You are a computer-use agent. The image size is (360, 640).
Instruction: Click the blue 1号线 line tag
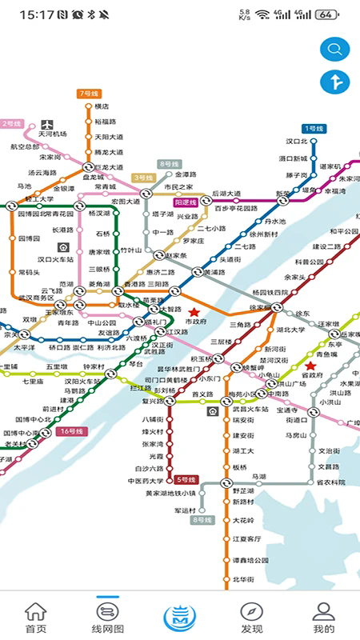coord(313,128)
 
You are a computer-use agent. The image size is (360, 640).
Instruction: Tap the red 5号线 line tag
coord(186,479)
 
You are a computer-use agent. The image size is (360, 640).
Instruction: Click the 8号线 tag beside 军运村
coord(202,520)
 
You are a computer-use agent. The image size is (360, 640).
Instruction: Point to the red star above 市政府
coord(194,311)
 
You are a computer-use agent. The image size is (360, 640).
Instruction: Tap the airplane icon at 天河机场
coord(46,124)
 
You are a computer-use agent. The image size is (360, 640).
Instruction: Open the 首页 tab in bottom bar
coord(35,617)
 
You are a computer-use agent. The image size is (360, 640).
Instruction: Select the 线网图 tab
coord(108,617)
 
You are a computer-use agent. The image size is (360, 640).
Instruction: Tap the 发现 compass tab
coord(252,617)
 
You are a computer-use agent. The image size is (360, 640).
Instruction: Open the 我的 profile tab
coord(323,617)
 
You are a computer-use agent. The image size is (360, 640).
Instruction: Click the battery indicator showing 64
coord(326,14)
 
